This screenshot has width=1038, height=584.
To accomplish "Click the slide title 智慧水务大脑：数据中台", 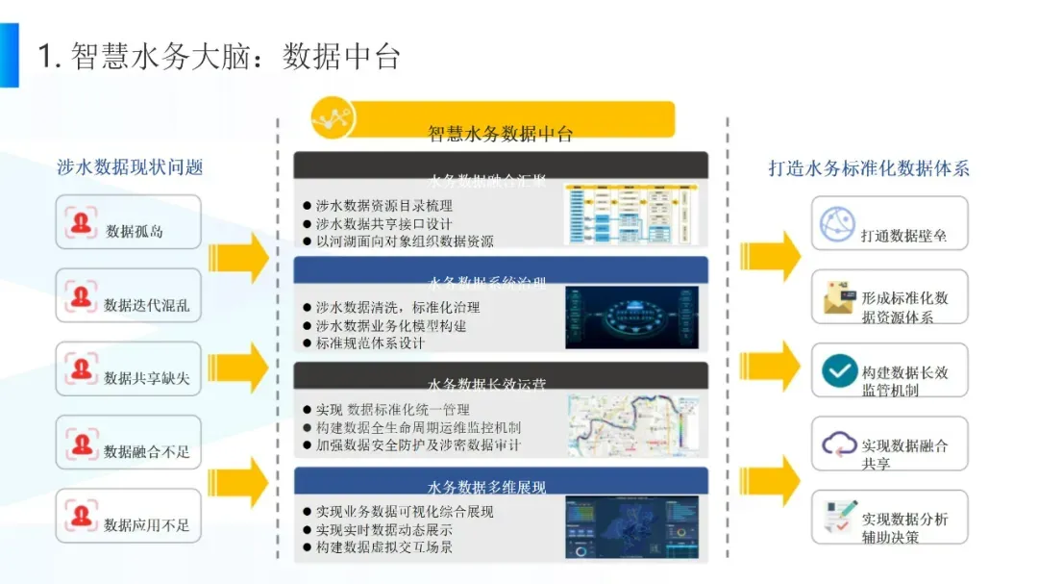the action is (219, 56).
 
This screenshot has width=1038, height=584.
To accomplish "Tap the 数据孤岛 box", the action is (129, 223).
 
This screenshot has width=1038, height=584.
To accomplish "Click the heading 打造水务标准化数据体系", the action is (869, 168).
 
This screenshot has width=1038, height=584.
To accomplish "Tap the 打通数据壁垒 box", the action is (889, 224).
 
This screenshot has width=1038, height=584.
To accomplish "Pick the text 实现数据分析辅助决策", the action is (904, 527).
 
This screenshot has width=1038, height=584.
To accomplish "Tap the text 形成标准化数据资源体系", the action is (904, 307).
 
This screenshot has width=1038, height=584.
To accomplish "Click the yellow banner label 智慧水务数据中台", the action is (500, 134).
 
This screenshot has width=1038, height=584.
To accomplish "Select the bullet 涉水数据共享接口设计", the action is (384, 223).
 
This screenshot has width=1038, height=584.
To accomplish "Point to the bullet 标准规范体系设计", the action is (370, 343).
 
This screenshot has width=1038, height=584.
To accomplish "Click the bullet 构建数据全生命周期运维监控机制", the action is (418, 427).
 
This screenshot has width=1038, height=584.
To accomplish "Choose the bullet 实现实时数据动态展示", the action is (384, 529).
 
